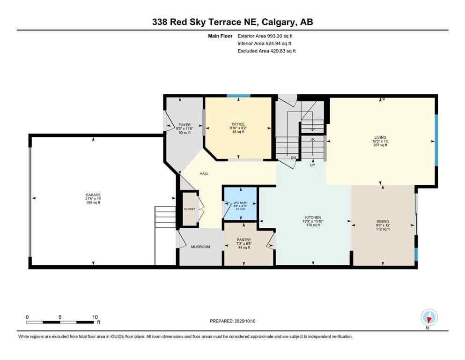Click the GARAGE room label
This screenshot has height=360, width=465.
93,195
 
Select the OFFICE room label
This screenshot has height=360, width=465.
238,124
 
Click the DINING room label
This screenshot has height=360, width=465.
383,221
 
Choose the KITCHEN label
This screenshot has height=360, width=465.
313,217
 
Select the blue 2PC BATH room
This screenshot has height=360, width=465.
240,203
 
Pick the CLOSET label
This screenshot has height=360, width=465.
190,209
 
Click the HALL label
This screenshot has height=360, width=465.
204,173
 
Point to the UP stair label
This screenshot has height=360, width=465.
312,165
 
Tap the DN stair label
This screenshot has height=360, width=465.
293,158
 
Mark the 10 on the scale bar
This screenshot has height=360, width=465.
95,317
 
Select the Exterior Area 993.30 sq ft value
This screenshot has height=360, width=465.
266,36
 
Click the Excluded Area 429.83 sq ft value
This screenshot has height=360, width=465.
266,51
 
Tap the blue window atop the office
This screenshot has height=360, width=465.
238,96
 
